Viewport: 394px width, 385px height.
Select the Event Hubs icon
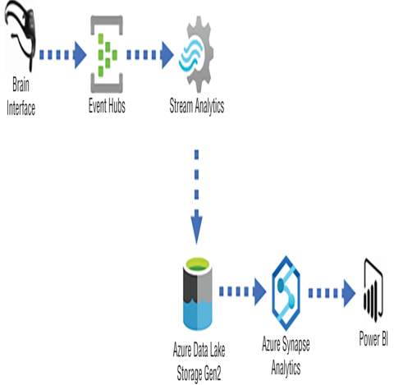107,54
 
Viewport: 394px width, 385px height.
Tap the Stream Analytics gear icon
196,54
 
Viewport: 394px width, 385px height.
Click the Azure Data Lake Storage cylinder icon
198,294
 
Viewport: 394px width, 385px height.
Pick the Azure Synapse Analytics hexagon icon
286,293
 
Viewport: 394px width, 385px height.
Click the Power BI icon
373,291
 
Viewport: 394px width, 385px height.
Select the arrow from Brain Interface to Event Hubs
63,55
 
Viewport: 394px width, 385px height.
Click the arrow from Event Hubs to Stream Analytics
150,55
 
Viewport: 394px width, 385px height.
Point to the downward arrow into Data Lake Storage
196,197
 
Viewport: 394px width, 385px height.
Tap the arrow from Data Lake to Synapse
243,291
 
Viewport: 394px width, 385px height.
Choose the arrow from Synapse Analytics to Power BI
332,293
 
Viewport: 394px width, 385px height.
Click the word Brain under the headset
21,85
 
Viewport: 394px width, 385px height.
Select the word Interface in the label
21,108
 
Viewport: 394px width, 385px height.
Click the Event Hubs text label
107,106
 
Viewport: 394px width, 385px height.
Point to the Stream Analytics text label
197,106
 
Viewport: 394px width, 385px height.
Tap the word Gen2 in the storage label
212,374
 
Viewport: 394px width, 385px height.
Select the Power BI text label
373,339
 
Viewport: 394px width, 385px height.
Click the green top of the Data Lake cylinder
198,265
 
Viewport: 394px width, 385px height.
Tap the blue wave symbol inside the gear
190,55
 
